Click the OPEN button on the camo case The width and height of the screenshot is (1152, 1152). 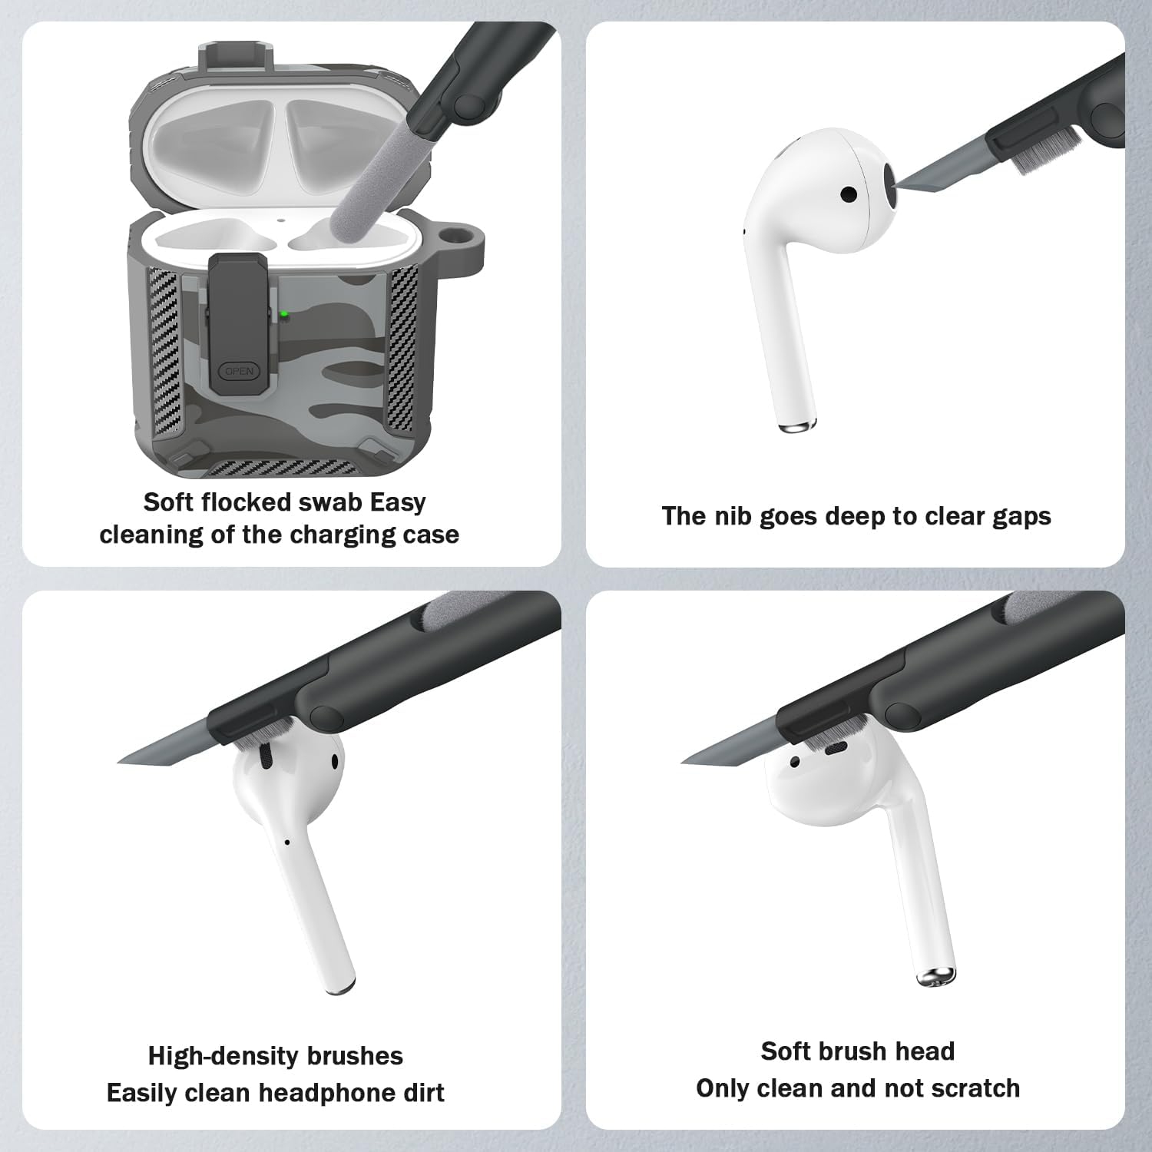(239, 372)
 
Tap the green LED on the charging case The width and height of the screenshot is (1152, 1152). (284, 313)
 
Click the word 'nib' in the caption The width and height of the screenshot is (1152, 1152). (727, 516)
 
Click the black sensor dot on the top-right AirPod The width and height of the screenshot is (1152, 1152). (849, 194)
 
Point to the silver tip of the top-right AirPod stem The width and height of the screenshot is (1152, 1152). (796, 427)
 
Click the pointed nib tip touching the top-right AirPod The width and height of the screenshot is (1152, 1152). (899, 184)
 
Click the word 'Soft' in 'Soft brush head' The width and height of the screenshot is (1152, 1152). (785, 1051)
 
